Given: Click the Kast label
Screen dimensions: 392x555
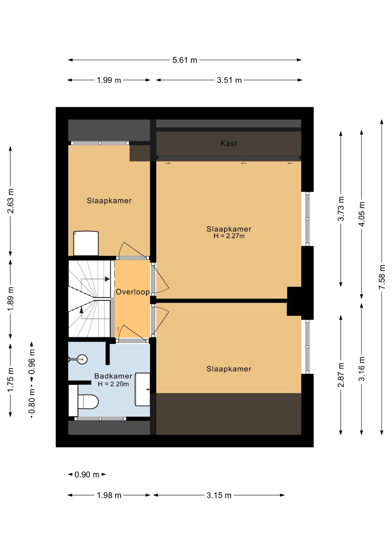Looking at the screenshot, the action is tap(229, 143).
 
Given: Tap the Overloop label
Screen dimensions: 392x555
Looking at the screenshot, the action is tap(133, 292).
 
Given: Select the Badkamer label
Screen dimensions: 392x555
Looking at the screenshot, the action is tap(113, 376).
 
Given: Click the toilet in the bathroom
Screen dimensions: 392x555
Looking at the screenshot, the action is tap(84, 402).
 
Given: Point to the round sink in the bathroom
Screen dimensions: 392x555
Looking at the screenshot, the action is tap(82, 360).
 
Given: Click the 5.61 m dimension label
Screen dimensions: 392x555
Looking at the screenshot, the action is tap(185, 60).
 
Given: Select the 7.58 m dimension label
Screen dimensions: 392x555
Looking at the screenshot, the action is tap(382, 277).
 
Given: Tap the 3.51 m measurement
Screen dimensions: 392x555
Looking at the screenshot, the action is tap(229, 80).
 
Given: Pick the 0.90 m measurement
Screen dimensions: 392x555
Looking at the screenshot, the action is tap(87, 475).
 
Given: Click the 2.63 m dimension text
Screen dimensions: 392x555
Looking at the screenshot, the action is tap(11, 201).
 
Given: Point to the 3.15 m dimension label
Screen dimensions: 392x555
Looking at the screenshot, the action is tap(219, 495).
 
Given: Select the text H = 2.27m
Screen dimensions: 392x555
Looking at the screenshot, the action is tap(229, 236).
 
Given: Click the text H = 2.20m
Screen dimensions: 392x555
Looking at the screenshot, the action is tap(113, 384).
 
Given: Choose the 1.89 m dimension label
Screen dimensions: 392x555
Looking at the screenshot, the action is tap(11, 299).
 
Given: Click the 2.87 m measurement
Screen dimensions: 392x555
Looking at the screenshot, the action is tap(341, 375).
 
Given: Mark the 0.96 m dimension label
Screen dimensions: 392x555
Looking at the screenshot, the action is tap(32, 362).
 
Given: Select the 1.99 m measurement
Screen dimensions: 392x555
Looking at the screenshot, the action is tap(109, 80).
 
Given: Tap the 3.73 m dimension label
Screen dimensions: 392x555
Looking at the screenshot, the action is tap(341, 209).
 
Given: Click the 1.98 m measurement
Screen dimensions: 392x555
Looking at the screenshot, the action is tap(109, 495).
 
